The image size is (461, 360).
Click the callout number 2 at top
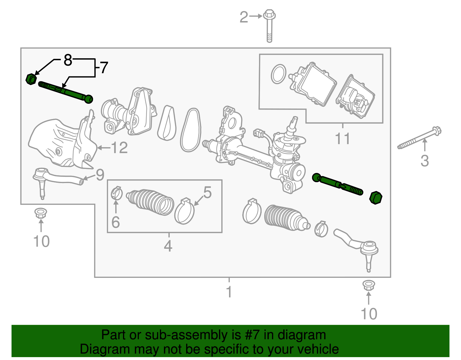(244, 17)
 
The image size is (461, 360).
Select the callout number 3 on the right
(425, 161)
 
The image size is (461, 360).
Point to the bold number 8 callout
(68, 60)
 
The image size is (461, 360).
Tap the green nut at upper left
(31, 79)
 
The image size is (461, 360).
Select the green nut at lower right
(376, 198)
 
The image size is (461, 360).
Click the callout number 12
(119, 148)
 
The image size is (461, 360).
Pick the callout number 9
(100, 175)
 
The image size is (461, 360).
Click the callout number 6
(116, 222)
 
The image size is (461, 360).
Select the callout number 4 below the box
(168, 246)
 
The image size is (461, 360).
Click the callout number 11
(343, 139)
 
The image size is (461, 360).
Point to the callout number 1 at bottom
(229, 292)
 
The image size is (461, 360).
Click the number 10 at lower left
(41, 241)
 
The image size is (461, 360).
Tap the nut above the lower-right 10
(369, 285)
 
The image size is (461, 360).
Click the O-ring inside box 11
(279, 74)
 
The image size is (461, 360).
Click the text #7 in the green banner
(253, 335)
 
